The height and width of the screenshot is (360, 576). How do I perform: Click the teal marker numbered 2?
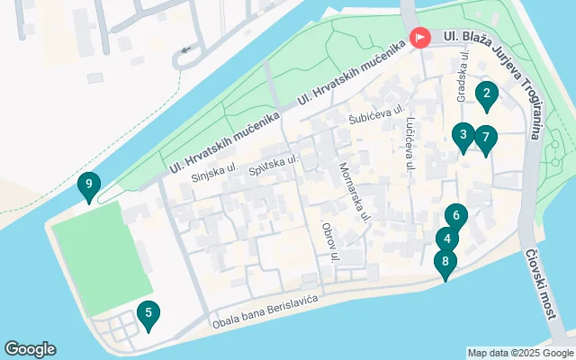[486, 94]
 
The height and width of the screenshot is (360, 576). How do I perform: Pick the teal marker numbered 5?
[148, 314]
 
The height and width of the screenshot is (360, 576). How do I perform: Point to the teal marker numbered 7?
[485, 139]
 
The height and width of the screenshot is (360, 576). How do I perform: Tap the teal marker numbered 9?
[88, 187]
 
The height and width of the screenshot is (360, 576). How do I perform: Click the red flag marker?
[419, 39]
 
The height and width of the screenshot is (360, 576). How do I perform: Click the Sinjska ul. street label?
[214, 173]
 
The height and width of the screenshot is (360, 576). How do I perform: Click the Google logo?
[30, 349]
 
